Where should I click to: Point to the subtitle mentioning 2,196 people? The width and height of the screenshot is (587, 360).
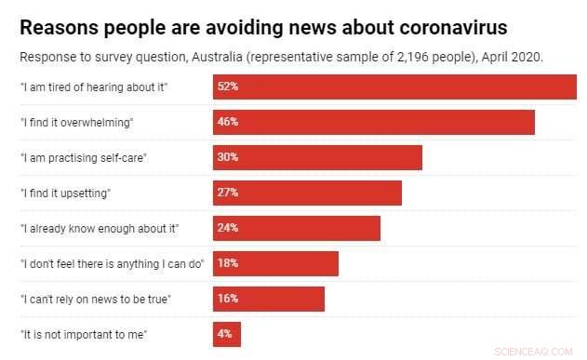(281, 57)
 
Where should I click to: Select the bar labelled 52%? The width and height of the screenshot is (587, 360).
(394, 87)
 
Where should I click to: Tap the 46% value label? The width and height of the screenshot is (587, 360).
(228, 122)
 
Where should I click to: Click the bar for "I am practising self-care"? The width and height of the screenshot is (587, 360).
(317, 157)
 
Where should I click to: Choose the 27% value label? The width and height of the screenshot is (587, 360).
(228, 193)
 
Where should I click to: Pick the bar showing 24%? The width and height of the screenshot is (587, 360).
(296, 228)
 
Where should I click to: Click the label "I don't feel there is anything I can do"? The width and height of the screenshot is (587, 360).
(112, 263)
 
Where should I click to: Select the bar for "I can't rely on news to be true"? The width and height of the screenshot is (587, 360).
(268, 299)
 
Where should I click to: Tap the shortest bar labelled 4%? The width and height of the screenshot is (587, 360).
(226, 334)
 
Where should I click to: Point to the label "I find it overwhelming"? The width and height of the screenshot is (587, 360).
(77, 122)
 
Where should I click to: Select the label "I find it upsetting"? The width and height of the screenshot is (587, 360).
(66, 193)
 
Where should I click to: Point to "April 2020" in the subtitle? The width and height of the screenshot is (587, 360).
(510, 57)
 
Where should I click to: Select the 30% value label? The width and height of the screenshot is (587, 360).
(228, 157)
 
